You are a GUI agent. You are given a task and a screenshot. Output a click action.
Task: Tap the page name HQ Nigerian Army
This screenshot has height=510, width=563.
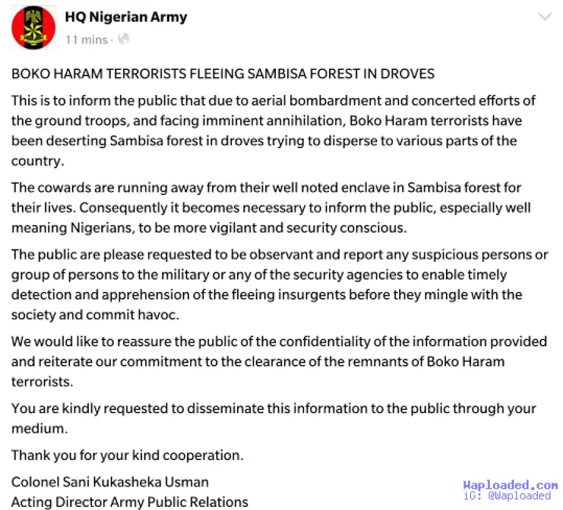[126, 17]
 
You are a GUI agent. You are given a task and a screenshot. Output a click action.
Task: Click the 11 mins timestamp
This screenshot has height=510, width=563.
[86, 39]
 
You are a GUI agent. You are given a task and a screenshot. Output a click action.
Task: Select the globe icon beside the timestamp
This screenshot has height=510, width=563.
[124, 39]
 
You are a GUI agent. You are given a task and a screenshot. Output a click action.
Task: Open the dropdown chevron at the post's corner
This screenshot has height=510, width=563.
[545, 17]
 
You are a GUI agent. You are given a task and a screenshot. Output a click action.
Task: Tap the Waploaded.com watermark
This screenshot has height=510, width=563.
[510, 485]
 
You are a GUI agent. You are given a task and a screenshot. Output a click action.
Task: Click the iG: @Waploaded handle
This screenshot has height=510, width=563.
[507, 496]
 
